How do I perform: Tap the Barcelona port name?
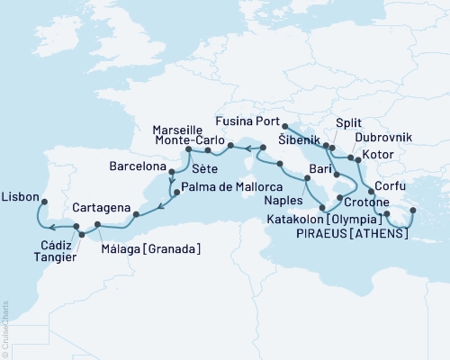pos(138,167)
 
